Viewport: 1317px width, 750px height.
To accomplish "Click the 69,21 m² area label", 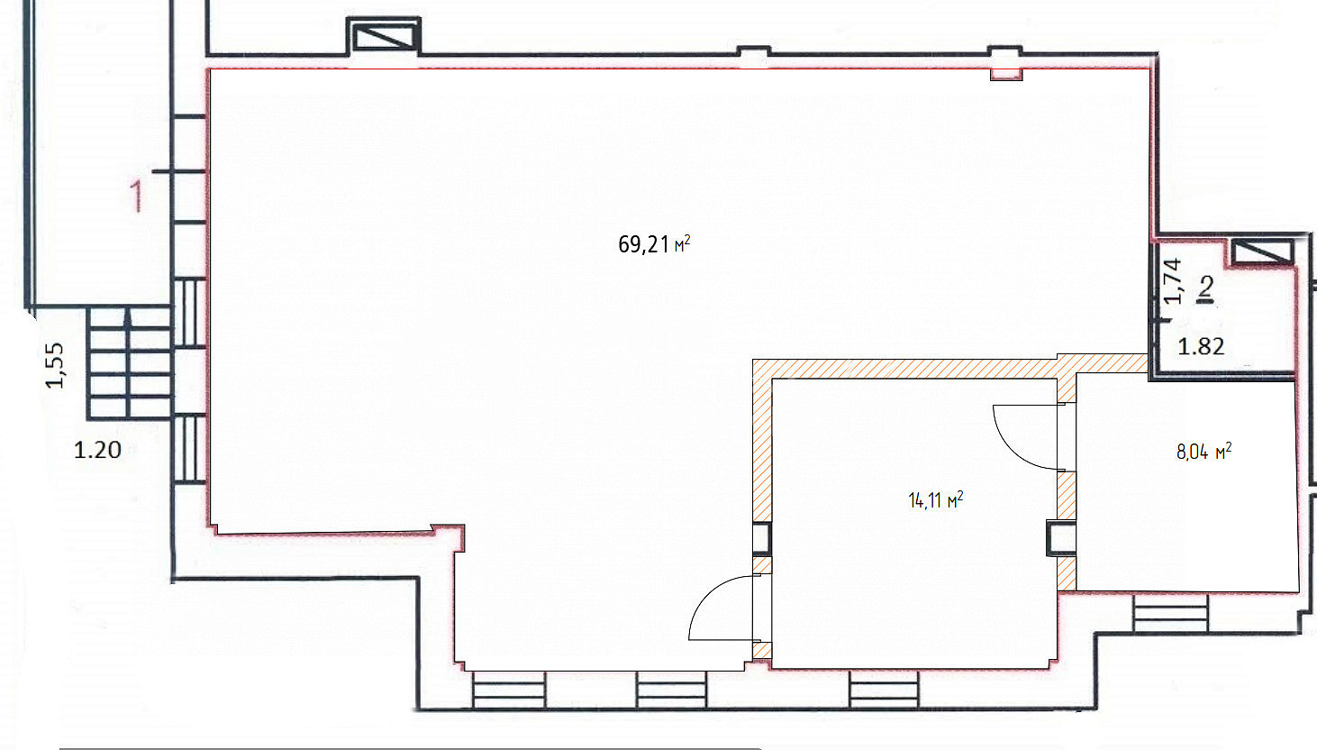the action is (654, 243).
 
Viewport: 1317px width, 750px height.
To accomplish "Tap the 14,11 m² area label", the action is (935, 500).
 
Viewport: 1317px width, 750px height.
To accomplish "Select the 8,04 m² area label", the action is (1203, 452).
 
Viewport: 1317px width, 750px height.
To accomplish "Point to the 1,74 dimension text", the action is (1172, 281).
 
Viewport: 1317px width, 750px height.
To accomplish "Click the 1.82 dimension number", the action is (1201, 346).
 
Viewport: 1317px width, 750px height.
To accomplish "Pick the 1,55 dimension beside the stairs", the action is (55, 365).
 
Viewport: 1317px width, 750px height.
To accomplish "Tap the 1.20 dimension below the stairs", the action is (97, 451).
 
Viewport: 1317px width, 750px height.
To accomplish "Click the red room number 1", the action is (136, 196).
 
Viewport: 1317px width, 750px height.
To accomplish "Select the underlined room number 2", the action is (1206, 290).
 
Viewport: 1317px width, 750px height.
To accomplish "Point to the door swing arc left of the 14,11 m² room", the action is (705, 594).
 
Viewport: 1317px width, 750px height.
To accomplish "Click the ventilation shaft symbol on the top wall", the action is (384, 36).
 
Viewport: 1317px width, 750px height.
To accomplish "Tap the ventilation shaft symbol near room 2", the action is (1262, 252).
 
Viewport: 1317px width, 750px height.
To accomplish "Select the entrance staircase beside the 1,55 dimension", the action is (130, 363).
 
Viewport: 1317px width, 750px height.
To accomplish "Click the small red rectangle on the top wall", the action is (1006, 74).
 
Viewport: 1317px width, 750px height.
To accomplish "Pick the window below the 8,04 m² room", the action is (1170, 612).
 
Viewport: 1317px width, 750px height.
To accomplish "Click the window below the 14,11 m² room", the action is (884, 690).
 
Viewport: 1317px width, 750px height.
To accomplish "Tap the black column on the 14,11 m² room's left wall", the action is (761, 538).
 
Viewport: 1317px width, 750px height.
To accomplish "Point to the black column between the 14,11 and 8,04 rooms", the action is (1060, 538).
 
